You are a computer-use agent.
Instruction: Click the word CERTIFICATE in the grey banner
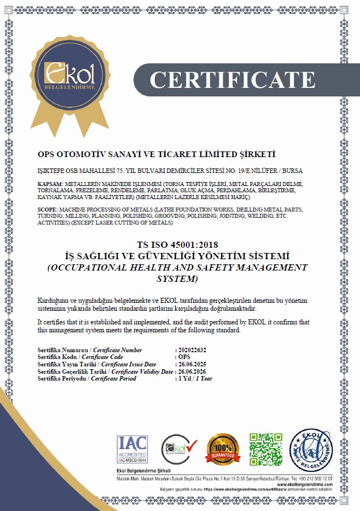click(232, 79)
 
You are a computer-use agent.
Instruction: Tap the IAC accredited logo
click(132, 447)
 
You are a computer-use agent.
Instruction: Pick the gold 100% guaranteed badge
click(222, 447)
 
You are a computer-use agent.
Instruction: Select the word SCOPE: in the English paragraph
click(48, 210)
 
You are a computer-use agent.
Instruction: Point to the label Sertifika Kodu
click(56, 357)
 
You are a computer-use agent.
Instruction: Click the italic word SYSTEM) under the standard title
click(177, 279)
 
